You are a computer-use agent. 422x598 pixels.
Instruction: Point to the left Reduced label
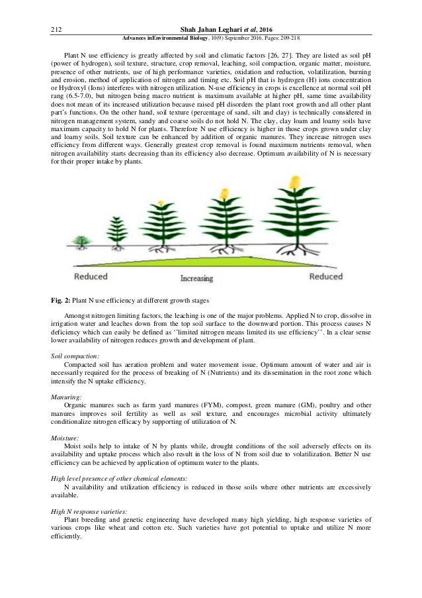point(92,275)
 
